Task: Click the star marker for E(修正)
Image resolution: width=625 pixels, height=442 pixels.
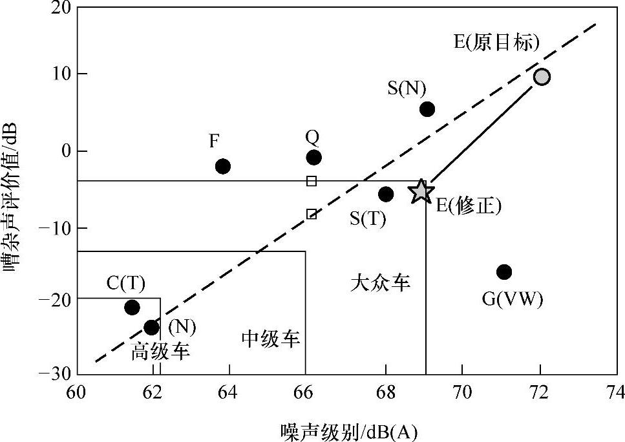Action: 421,191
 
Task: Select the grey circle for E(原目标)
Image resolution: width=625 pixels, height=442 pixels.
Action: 542,77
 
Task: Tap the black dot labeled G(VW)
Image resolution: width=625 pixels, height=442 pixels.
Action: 504,271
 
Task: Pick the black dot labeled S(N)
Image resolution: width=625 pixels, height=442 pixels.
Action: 427,109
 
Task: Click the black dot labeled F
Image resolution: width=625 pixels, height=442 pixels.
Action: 223,166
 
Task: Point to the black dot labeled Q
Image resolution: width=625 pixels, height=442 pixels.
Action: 314,157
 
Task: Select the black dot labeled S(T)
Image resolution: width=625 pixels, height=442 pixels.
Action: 386,194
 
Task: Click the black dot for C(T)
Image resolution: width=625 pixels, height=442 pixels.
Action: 132,307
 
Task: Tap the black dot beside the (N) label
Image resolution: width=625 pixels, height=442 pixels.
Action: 151,328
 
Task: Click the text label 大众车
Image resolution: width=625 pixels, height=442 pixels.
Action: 381,282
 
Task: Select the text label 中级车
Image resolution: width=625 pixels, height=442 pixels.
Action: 271,339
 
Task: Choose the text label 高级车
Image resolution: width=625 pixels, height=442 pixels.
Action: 161,352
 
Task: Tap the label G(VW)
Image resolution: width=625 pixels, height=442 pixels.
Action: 513,299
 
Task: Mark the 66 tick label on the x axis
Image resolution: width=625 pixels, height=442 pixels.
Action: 306,392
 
